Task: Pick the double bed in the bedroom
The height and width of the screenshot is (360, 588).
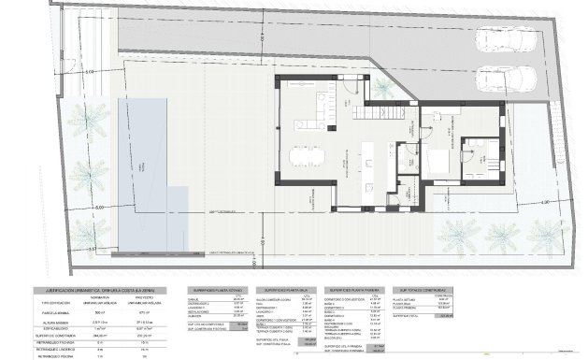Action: [x=481, y=155]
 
